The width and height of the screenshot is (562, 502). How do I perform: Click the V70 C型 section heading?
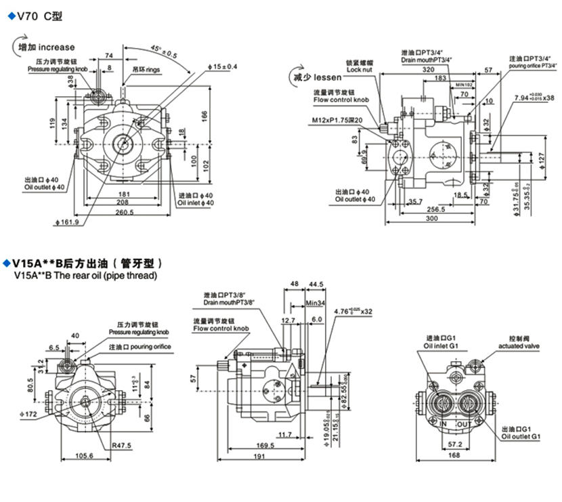37,15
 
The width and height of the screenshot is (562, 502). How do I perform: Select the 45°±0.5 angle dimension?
163,51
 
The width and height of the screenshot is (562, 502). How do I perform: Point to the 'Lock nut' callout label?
359,69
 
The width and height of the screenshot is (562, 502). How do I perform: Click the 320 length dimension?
427,70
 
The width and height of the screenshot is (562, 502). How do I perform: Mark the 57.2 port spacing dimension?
456,444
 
